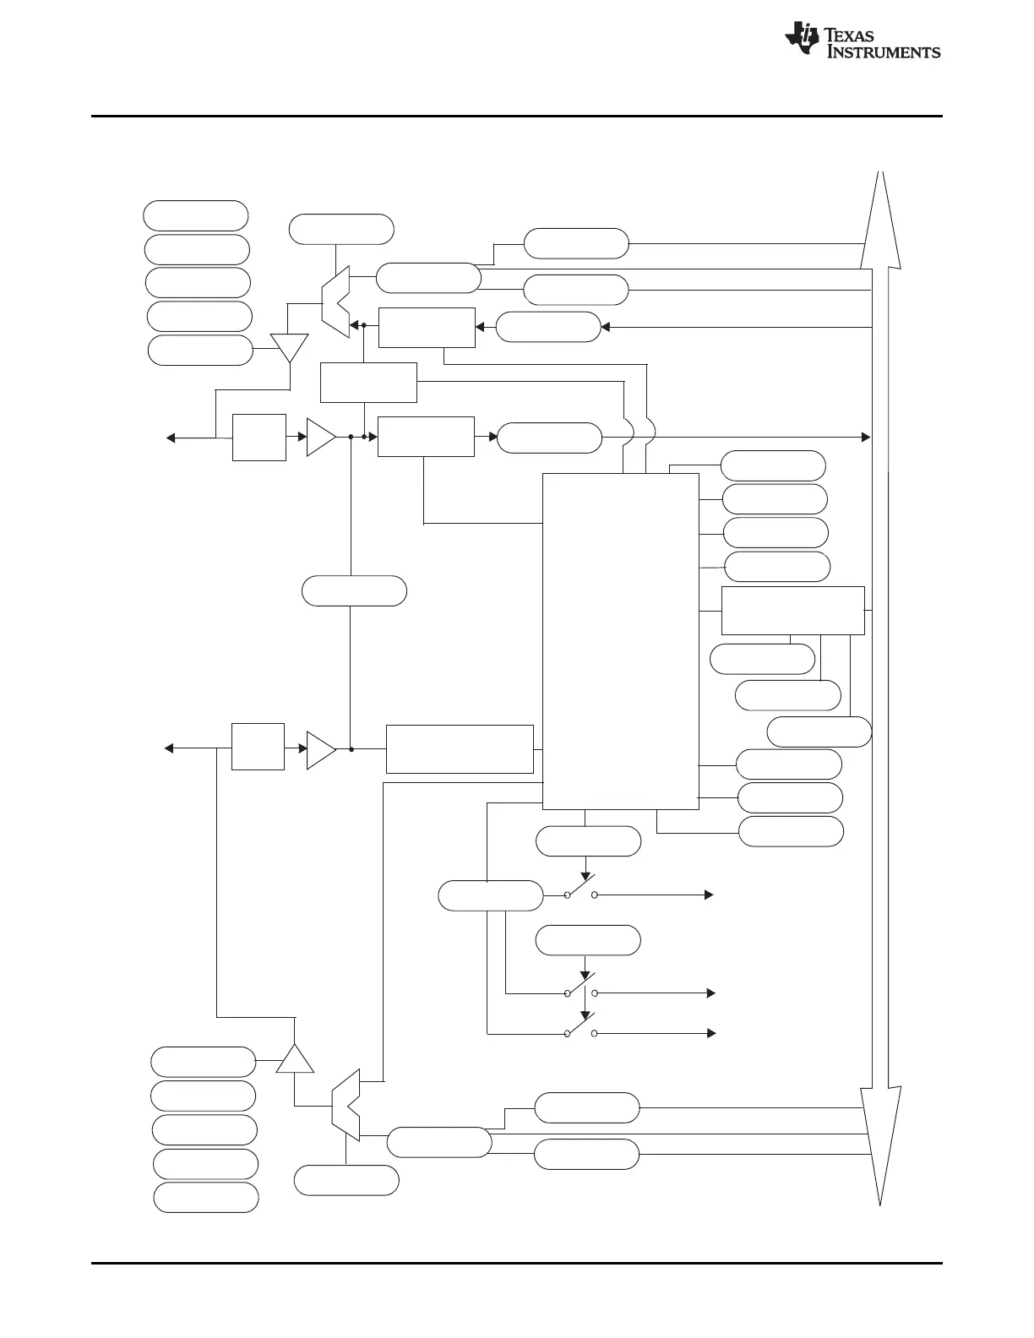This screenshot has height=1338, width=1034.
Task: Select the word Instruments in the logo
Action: [x=883, y=52]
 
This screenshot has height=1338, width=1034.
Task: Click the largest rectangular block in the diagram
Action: [x=620, y=640]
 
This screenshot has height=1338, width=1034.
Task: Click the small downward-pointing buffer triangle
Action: [x=289, y=346]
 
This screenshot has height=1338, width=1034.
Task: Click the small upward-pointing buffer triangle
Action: [x=295, y=1059]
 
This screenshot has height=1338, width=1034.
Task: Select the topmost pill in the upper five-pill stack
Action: [x=196, y=215]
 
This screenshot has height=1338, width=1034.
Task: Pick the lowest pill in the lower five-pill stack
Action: [x=206, y=1197]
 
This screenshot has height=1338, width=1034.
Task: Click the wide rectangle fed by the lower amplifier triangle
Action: [x=460, y=748]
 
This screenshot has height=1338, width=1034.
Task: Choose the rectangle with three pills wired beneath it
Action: [x=792, y=610]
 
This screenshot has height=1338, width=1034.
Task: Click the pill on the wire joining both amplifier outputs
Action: [x=354, y=590]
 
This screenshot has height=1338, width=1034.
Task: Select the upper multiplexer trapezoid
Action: [x=335, y=301]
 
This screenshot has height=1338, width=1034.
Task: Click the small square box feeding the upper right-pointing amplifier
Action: [x=258, y=437]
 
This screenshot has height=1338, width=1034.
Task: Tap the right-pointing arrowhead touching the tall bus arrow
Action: [x=865, y=437]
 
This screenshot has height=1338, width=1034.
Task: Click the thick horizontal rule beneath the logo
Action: [x=517, y=117]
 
